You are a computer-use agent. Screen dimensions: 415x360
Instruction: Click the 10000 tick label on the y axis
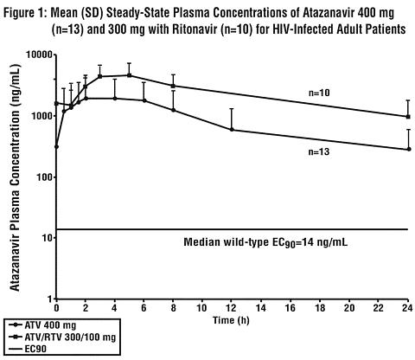(39, 55)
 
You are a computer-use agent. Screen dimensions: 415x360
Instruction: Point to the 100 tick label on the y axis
(44, 177)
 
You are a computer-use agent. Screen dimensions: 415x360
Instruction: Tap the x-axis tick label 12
(231, 308)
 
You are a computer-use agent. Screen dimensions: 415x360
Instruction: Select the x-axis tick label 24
(407, 308)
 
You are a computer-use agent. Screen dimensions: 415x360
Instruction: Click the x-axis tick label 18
(320, 308)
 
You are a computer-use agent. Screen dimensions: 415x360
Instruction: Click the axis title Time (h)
(231, 320)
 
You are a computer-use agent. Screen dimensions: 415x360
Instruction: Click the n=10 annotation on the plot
(319, 93)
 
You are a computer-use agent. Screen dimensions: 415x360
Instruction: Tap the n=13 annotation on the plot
(319, 151)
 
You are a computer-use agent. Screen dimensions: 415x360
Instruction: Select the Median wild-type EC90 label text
(265, 242)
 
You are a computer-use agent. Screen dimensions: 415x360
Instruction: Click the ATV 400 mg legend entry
(42, 325)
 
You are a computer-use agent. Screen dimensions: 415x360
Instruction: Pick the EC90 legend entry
(28, 349)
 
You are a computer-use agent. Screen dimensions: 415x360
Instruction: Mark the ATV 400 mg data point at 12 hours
(232, 130)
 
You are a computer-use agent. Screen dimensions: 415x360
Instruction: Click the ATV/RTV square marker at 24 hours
(408, 117)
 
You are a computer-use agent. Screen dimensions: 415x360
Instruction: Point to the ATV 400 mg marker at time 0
(56, 147)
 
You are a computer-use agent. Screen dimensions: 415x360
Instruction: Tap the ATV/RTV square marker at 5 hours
(130, 75)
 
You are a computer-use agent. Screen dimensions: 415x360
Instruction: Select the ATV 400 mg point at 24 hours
(409, 149)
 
